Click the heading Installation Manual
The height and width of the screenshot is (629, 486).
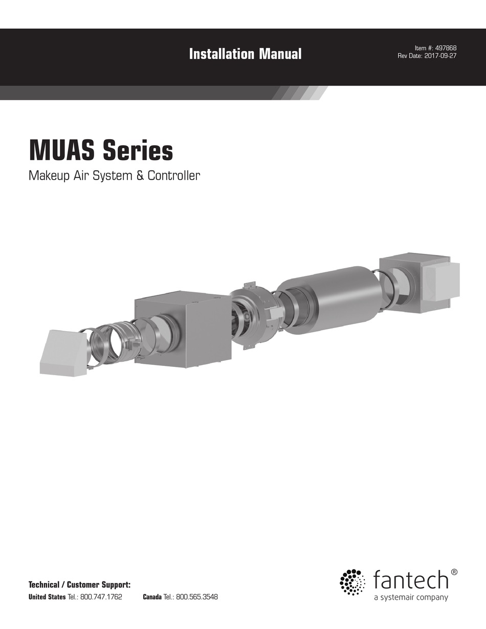pyautogui.click(x=245, y=54)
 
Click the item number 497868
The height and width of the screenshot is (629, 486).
pyautogui.click(x=446, y=48)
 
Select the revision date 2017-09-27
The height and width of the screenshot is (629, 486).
pyautogui.click(x=439, y=56)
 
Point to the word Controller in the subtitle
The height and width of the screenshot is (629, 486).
pyautogui.click(x=174, y=176)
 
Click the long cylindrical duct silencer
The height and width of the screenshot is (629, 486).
pyautogui.click(x=333, y=300)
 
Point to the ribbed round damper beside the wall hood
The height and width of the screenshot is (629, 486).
pyautogui.click(x=114, y=342)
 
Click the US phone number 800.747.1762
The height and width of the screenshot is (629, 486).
pyautogui.click(x=101, y=597)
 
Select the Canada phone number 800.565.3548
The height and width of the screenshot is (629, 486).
pyautogui.click(x=197, y=597)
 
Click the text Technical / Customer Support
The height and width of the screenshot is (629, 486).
pyautogui.click(x=80, y=584)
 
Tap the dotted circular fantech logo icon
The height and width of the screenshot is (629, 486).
pyautogui.click(x=352, y=582)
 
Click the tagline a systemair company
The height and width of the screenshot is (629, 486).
pyautogui.click(x=411, y=597)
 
